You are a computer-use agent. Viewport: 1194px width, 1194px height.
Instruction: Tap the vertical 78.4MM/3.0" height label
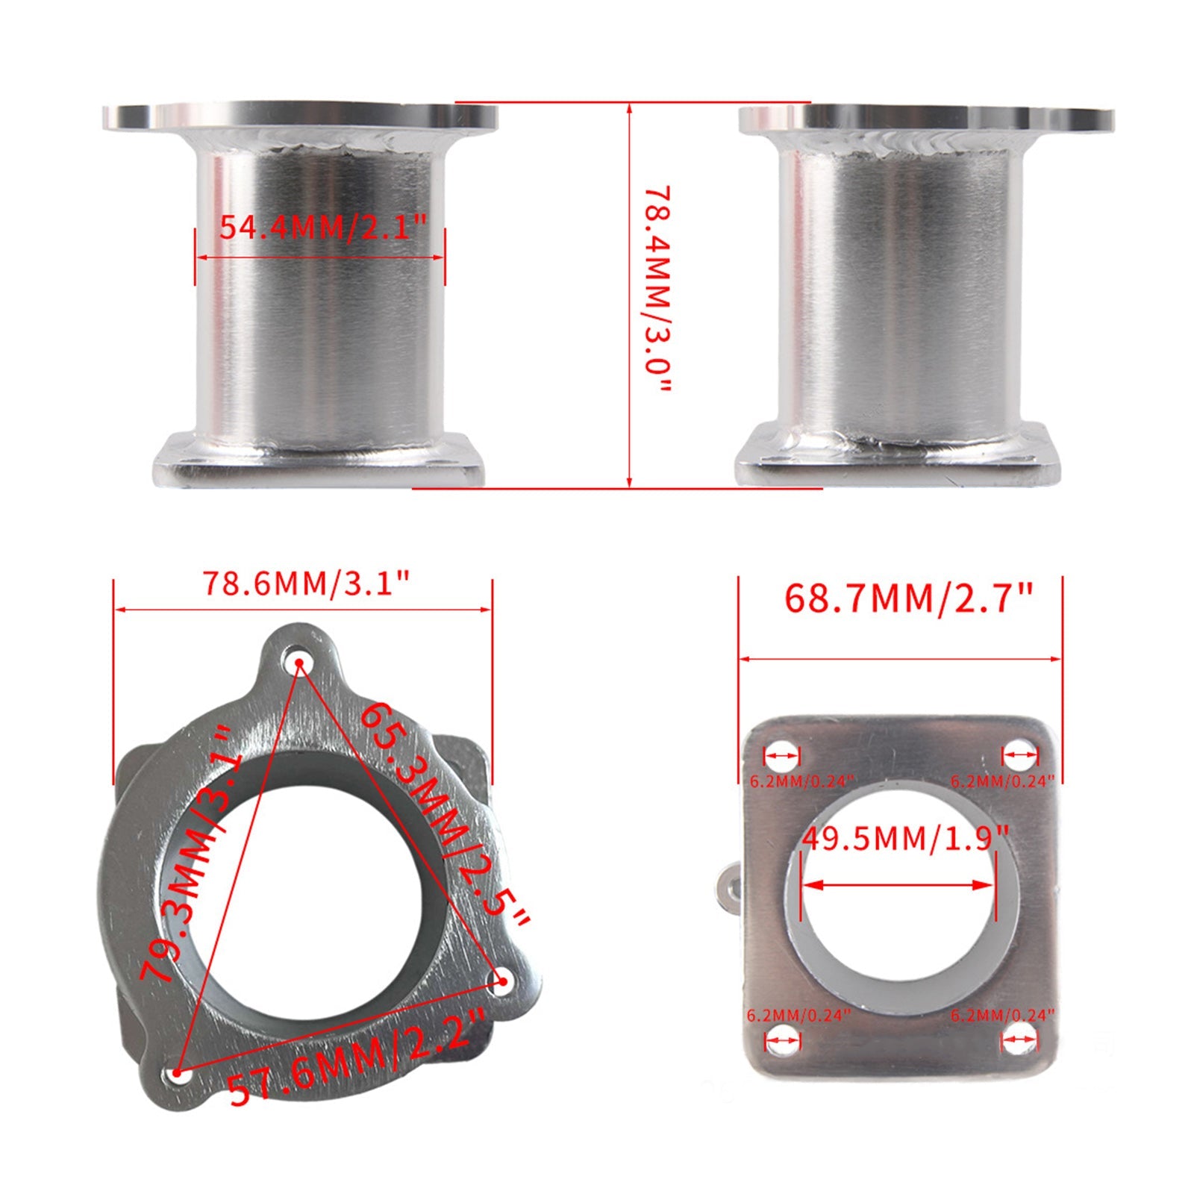pos(657,291)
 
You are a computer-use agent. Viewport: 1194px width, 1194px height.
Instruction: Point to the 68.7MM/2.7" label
pos(907,598)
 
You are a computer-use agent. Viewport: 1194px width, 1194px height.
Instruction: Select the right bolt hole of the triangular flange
pos(502,982)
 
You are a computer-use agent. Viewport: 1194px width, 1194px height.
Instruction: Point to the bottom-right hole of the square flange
pos(1019,1039)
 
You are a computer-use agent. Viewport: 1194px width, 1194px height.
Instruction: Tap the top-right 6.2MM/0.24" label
pos(1002,781)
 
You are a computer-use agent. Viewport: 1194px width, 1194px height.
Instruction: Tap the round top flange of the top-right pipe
pos(925,119)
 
